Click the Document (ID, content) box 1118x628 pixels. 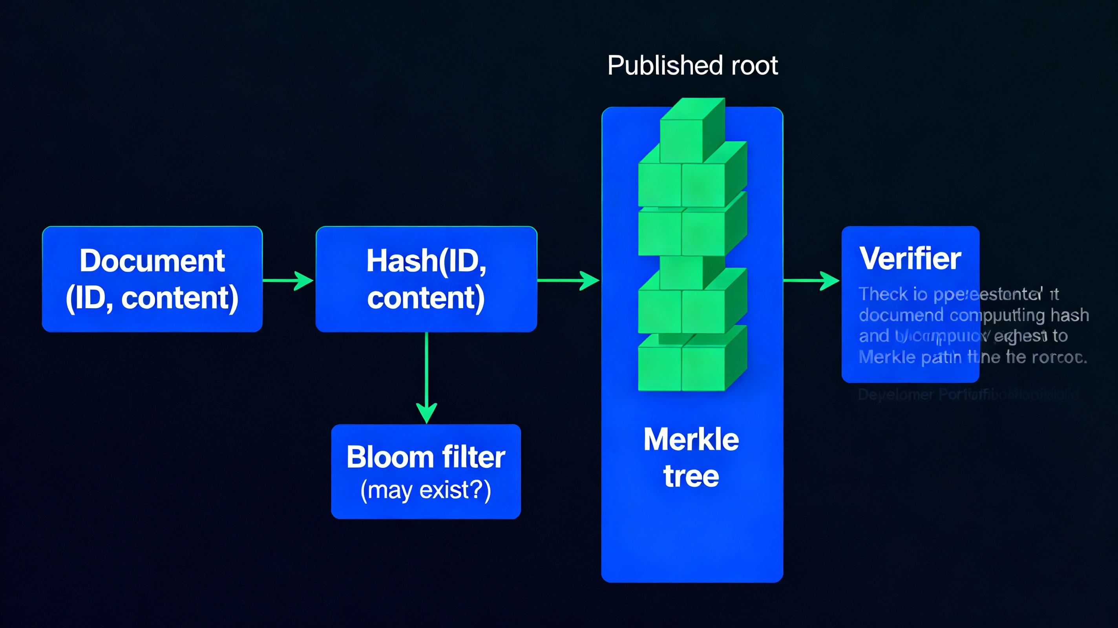point(152,279)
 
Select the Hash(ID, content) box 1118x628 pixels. point(426,279)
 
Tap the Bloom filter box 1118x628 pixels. point(426,471)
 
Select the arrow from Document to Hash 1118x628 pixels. point(288,280)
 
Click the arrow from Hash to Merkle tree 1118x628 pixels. point(568,280)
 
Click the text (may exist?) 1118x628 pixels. point(426,490)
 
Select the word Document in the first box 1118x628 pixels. point(152,261)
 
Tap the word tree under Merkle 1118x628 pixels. point(691,476)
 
